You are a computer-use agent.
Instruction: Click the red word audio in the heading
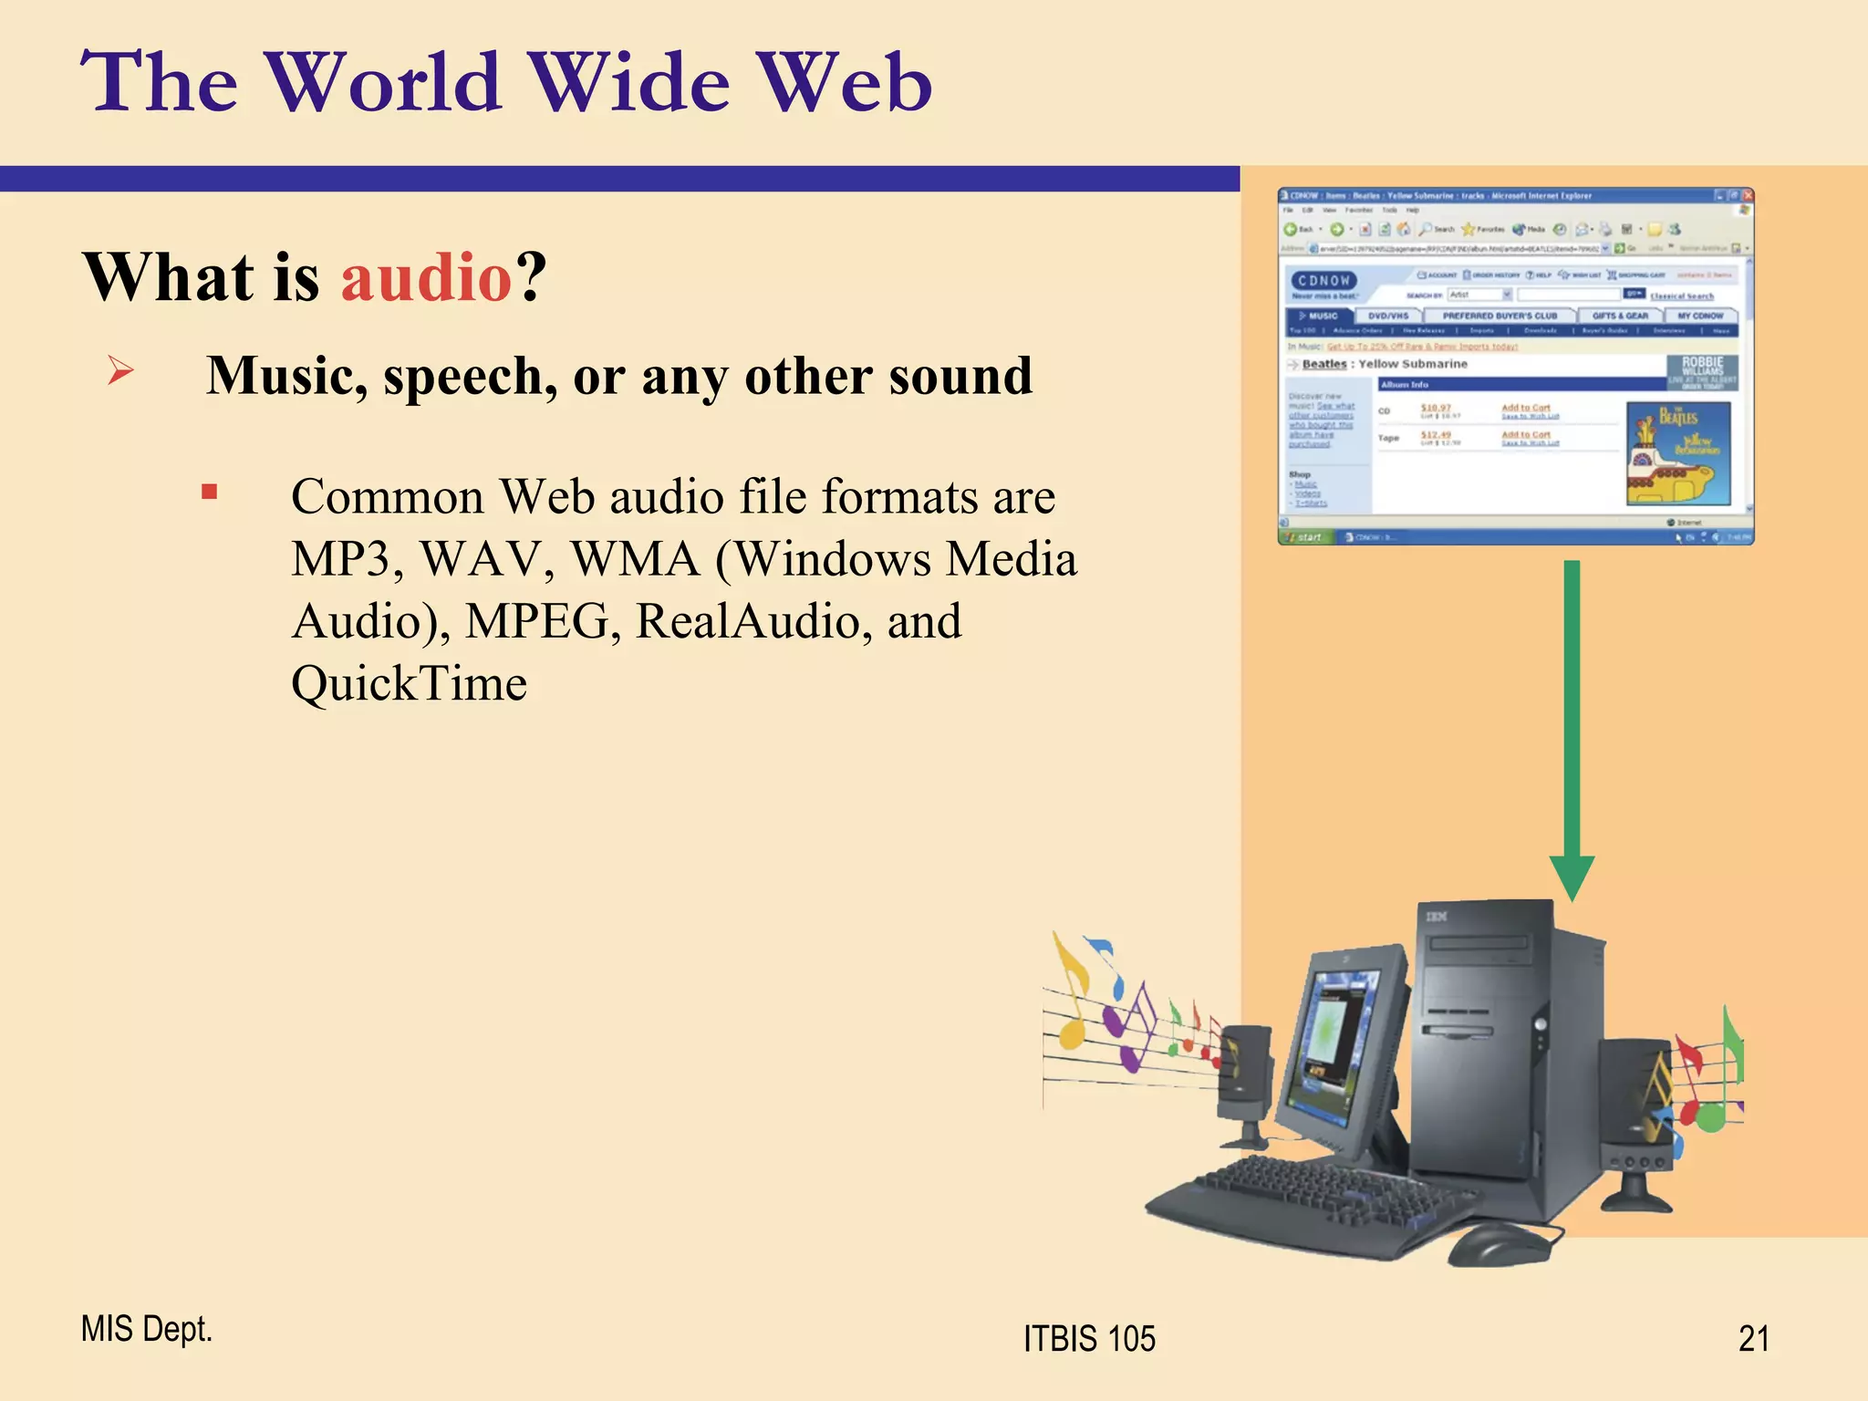[x=426, y=277]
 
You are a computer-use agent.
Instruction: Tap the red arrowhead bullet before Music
[x=120, y=370]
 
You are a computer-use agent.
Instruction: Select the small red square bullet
[x=210, y=493]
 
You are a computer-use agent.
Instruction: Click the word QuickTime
[x=409, y=683]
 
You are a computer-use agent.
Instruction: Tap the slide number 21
[x=1753, y=1338]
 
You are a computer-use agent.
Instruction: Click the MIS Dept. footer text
[x=146, y=1329]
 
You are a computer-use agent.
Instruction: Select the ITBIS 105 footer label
[x=1089, y=1338]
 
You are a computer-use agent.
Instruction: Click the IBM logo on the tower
[x=1437, y=916]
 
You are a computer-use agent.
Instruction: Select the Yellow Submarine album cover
[x=1678, y=453]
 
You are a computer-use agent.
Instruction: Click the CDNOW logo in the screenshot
[x=1323, y=281]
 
